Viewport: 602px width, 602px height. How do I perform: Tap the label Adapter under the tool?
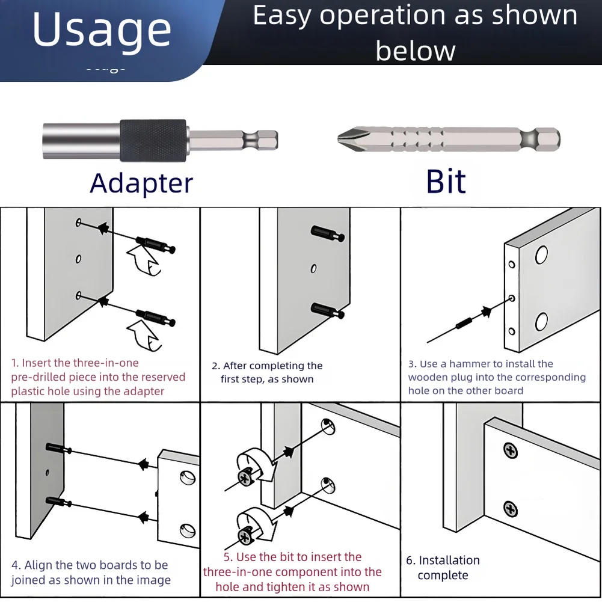point(141,182)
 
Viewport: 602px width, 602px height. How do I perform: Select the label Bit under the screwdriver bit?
point(446,181)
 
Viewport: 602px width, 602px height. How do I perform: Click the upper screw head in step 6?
point(510,450)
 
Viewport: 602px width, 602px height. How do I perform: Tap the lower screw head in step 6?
point(510,510)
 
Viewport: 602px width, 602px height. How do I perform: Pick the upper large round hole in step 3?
point(541,255)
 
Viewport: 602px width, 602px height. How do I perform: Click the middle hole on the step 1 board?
point(78,259)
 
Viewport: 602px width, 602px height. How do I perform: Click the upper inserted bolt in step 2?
point(327,234)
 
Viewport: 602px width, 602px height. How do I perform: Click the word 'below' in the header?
point(415,51)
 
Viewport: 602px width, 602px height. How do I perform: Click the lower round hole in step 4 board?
point(187,531)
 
